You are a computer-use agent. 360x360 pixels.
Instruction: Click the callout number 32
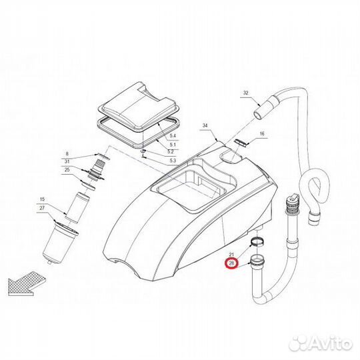[x=245, y=93]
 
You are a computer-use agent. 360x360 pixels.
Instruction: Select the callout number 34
[x=205, y=125]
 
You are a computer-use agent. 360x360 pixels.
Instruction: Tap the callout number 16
[x=262, y=133]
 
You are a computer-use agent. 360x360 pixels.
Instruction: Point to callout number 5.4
[x=173, y=136]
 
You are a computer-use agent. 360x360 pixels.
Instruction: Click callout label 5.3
[x=173, y=160]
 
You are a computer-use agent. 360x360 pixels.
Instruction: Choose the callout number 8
[x=67, y=154]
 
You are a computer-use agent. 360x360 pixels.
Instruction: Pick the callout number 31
[x=67, y=161]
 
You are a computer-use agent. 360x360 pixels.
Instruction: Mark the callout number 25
[x=67, y=170]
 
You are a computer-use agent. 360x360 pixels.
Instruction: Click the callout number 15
[x=42, y=199]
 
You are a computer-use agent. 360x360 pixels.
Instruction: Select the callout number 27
[x=42, y=208]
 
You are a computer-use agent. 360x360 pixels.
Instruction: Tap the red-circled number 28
[x=231, y=263]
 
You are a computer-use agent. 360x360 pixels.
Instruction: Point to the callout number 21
[x=231, y=255]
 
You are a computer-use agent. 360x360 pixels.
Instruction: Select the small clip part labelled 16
[x=241, y=142]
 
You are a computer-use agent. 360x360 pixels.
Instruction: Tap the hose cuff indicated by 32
[x=266, y=107]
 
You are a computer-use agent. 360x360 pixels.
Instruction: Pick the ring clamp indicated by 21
[x=257, y=241]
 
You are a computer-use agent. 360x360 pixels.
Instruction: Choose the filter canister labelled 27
[x=60, y=244]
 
